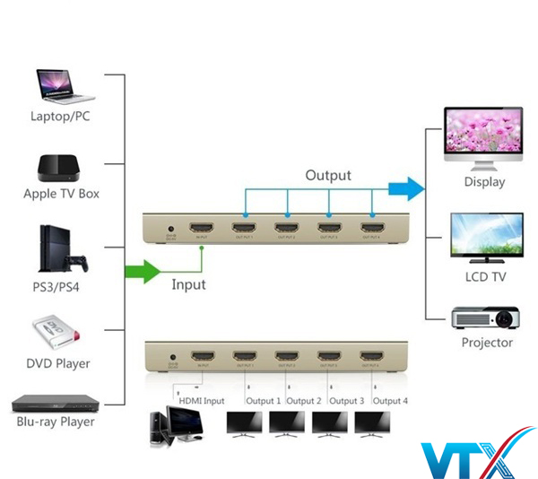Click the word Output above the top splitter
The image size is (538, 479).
[328, 175]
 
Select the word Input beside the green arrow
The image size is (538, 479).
[188, 284]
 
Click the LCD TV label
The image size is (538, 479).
[484, 277]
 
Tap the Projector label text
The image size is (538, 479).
[487, 343]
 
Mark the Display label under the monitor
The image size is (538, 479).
[484, 182]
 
